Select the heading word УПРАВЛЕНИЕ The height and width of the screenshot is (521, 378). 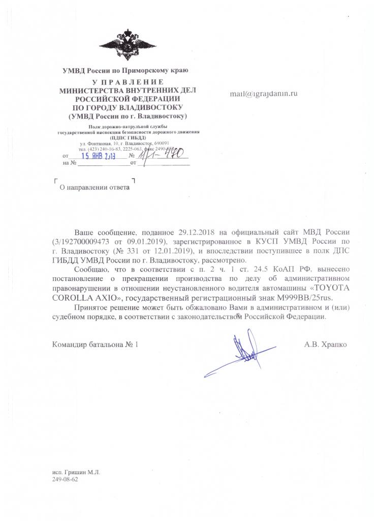125,82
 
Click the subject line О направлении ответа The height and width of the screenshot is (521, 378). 93,187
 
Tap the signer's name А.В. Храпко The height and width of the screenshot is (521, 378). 326,344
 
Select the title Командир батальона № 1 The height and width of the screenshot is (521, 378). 95,344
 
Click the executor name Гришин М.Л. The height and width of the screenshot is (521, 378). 76,472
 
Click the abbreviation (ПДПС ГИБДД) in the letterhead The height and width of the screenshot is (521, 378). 127,137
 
